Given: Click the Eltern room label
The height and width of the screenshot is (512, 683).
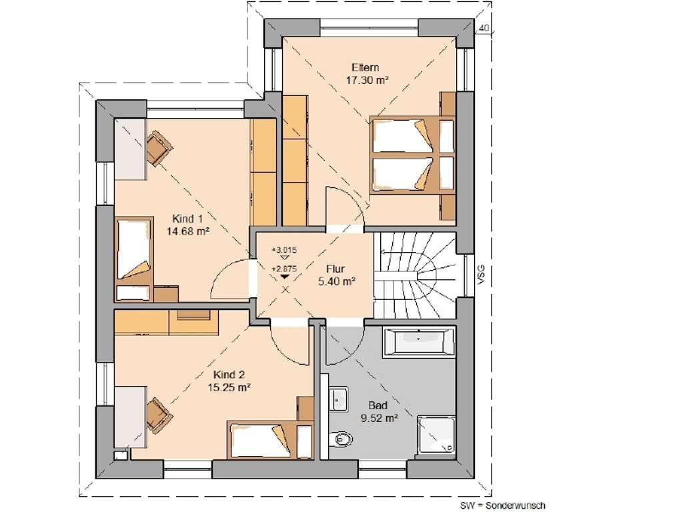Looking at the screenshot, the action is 365,67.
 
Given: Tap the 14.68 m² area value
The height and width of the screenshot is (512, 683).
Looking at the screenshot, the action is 187,231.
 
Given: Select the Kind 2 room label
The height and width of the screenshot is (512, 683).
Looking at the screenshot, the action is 229,375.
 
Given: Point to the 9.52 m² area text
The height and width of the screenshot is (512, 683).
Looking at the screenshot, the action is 379,419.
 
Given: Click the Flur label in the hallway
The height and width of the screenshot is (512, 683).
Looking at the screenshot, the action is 335,269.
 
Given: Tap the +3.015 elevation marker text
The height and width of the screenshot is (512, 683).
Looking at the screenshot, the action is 284,251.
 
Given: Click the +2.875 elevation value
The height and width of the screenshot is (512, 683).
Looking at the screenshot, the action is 284,269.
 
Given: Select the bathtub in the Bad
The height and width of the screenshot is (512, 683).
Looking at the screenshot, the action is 418,342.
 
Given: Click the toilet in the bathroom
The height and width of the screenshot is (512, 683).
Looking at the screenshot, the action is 340,438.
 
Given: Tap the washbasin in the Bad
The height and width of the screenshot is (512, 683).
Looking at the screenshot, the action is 338,398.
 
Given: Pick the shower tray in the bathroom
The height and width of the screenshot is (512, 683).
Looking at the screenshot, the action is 436,436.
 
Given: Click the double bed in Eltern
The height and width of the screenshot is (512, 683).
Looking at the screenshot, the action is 412,154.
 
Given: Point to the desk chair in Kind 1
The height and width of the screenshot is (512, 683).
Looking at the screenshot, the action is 159,149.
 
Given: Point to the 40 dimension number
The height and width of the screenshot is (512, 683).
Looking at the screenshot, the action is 484,28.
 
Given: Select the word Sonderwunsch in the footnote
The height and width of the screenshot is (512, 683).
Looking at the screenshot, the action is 516,505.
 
